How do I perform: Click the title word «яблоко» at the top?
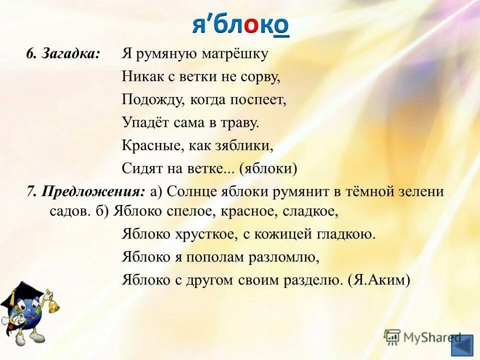click(x=240, y=25)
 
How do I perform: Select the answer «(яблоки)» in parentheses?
click(x=268, y=169)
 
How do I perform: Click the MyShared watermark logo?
click(x=422, y=337)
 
